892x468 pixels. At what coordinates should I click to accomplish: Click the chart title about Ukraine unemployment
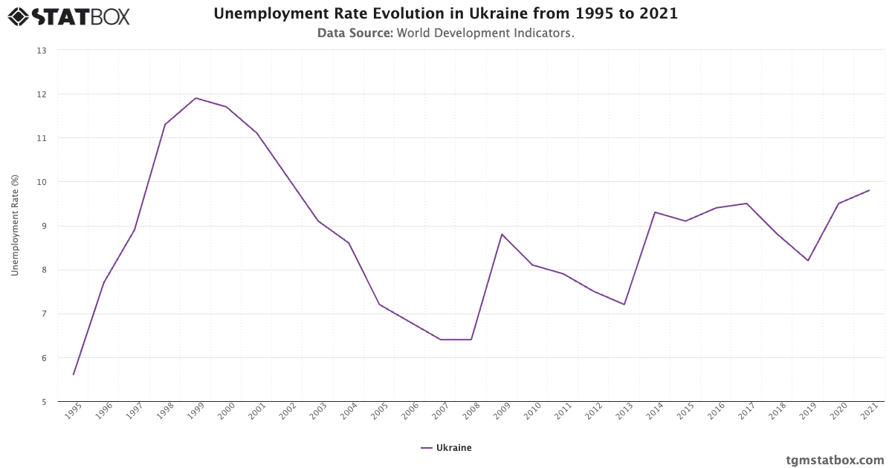[x=445, y=14]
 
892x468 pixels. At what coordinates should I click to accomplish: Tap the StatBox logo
[x=68, y=16]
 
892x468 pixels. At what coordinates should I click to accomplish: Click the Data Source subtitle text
[x=445, y=33]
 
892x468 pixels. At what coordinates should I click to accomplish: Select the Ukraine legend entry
[x=446, y=448]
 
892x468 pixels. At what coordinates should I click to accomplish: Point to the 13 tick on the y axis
[x=42, y=51]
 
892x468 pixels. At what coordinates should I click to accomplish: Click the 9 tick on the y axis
[x=43, y=226]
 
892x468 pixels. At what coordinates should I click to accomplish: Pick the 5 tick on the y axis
[x=43, y=402]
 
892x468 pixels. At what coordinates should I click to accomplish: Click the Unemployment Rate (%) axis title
[x=15, y=226]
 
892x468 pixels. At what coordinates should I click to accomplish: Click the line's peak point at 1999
[x=195, y=98]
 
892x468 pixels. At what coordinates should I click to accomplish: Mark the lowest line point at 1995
[x=74, y=374]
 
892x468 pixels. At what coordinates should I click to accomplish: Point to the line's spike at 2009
[x=502, y=234]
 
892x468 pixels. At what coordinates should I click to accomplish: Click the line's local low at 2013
[x=624, y=305]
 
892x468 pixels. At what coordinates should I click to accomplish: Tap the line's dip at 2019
[x=808, y=261]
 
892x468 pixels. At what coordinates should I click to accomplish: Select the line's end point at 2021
[x=869, y=190]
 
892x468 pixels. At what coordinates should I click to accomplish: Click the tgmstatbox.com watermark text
[x=835, y=460]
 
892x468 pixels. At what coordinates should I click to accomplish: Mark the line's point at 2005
[x=379, y=305]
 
